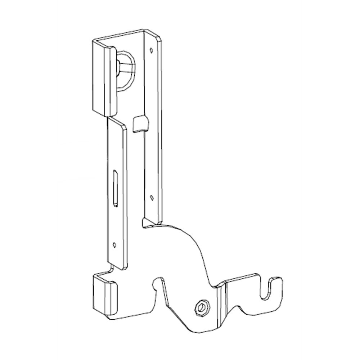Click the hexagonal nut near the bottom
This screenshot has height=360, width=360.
coord(202,307)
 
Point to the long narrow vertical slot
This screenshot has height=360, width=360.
coord(114,188)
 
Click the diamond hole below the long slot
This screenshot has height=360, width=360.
coord(114,244)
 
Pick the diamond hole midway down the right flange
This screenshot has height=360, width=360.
coord(152,197)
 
